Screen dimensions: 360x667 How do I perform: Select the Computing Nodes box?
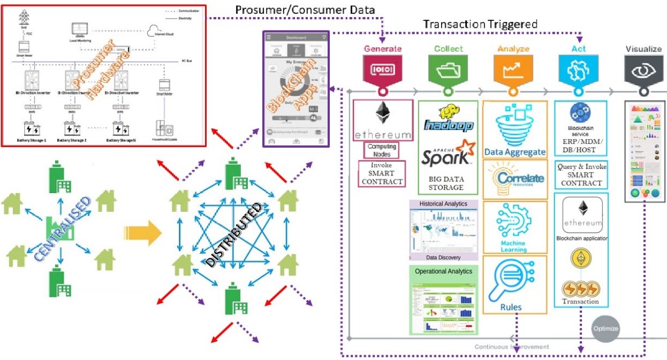[382, 150]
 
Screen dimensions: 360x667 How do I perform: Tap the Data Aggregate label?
[515, 152]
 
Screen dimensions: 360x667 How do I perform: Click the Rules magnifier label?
[511, 307]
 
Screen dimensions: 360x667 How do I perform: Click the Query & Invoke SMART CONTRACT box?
[581, 174]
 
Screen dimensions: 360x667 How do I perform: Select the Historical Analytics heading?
[443, 204]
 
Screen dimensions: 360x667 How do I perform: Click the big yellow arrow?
[142, 233]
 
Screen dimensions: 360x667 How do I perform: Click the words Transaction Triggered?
[480, 25]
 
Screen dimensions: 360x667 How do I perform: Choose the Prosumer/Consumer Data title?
[305, 10]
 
